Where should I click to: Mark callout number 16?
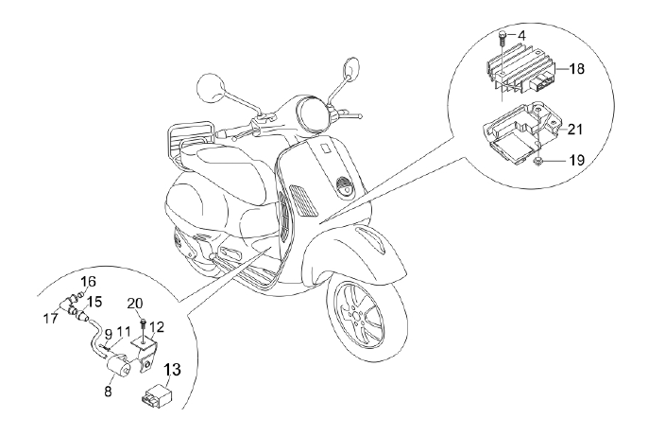[88, 282]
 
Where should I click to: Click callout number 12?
[157, 326]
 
